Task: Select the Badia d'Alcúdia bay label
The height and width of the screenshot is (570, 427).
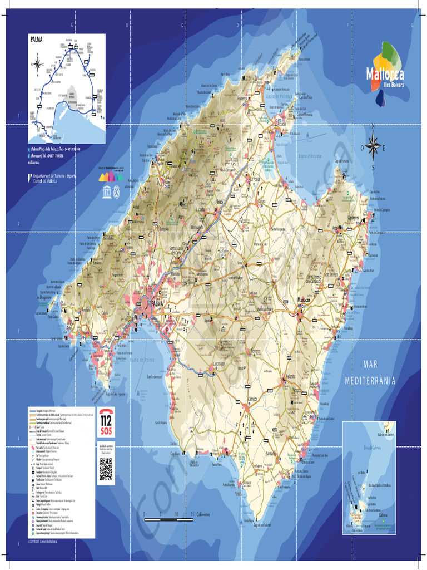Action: (x=310, y=156)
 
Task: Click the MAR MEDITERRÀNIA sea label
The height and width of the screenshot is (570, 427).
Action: (x=370, y=373)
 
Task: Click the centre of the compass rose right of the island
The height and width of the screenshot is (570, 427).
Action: (x=373, y=148)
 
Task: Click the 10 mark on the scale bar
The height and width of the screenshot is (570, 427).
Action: (x=176, y=514)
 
